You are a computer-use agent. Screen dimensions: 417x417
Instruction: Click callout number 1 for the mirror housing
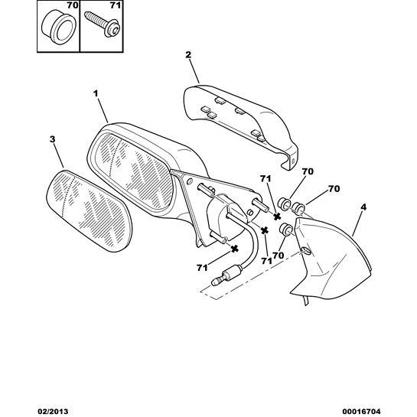[x=96, y=93]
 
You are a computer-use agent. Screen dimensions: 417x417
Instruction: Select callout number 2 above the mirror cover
[x=188, y=55]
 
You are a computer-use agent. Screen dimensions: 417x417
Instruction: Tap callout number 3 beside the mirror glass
[x=52, y=139]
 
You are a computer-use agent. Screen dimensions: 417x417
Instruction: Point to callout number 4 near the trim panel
[x=363, y=207]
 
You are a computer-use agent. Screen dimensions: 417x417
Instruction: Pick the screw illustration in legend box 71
[x=102, y=24]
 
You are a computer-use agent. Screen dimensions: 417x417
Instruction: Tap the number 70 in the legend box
[x=72, y=5]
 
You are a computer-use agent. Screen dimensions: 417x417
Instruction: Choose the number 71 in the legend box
[x=116, y=5]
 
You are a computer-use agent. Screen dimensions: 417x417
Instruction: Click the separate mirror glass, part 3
[x=89, y=211]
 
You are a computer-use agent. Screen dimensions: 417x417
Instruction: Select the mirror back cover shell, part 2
[x=241, y=125]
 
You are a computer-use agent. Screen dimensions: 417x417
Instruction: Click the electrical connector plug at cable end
[x=226, y=275]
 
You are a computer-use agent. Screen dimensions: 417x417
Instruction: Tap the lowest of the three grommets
[x=285, y=230]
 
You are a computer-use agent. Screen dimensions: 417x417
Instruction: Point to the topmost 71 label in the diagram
[x=266, y=179]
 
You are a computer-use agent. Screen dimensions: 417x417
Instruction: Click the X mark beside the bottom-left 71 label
[x=234, y=249]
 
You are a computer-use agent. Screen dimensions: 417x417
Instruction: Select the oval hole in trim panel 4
[x=306, y=251]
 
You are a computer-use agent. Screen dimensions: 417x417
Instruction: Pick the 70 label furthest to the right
[x=334, y=189]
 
